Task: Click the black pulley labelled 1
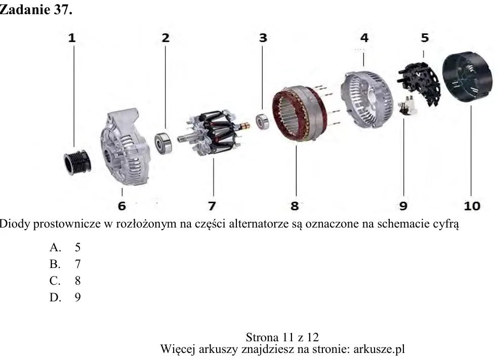coord(77,162)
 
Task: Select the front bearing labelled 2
coord(163,143)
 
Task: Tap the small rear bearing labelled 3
coord(263,121)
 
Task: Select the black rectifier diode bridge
coord(419,82)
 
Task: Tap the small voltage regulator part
coord(407,105)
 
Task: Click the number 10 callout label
coord(472,206)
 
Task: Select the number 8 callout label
coord(295,206)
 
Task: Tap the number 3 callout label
coord(263,38)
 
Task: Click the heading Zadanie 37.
coord(36,10)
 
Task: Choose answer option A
coord(65,247)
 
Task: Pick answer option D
coord(65,297)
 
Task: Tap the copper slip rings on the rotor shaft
coord(245,126)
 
